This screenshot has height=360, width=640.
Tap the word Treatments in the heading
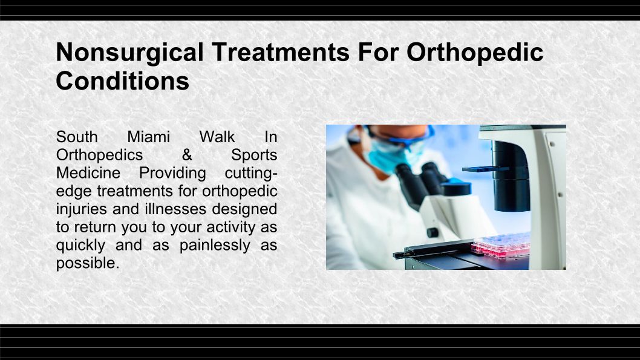(281, 52)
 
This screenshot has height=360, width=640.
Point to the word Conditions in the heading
(122, 81)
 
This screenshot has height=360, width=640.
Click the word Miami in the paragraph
(149, 137)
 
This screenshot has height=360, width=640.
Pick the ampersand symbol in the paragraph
(187, 155)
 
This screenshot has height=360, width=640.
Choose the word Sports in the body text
(254, 155)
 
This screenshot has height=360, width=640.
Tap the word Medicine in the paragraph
(88, 172)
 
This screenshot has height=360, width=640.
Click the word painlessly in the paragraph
(215, 245)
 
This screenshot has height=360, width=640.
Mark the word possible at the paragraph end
(88, 263)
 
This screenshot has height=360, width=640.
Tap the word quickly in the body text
(81, 245)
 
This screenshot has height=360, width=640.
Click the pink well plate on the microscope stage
(501, 244)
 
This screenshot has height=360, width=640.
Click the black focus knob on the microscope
(433, 233)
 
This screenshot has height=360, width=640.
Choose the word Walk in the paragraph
(217, 137)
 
